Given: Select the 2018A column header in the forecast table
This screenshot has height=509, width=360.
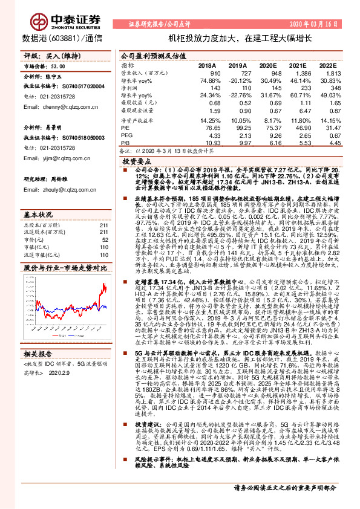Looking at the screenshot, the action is coord(208,65).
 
